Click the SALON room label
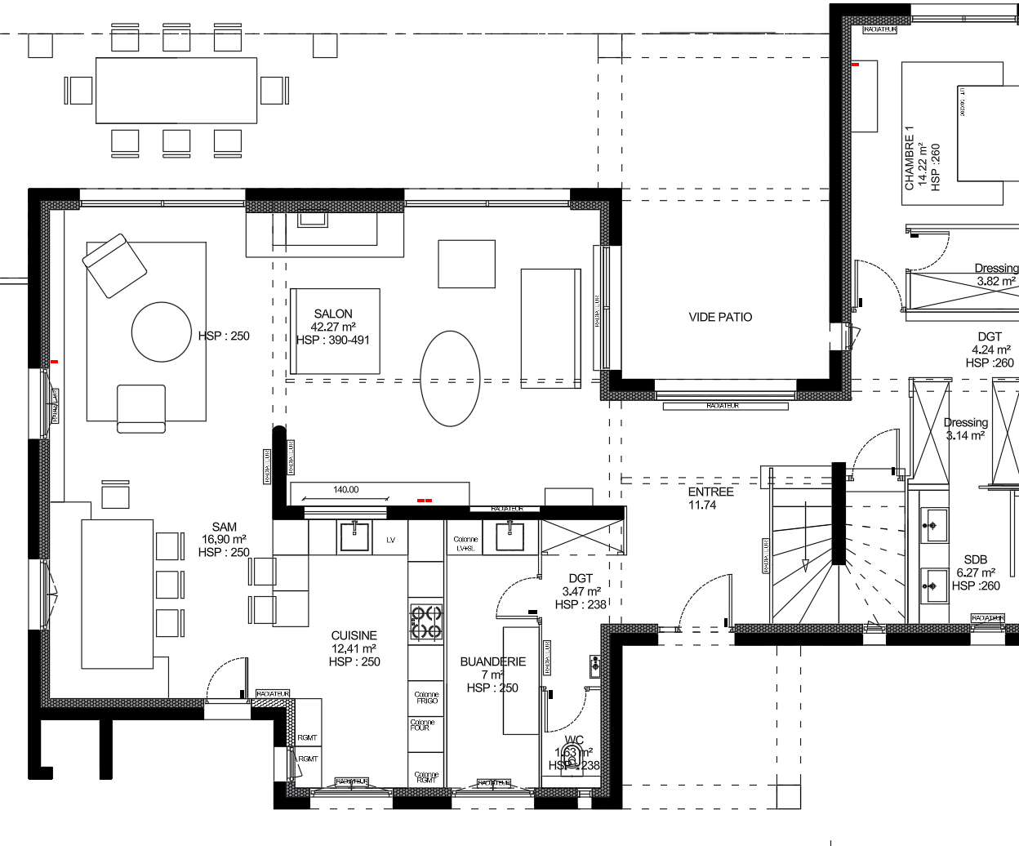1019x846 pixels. (x=333, y=314)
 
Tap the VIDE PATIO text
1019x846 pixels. (x=720, y=317)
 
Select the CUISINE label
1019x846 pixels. (x=354, y=635)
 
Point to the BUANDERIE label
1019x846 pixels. (x=493, y=661)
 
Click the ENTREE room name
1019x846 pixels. (x=710, y=492)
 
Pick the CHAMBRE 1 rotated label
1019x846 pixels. (x=910, y=158)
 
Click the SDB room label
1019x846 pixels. (x=976, y=559)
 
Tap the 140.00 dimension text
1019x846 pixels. (x=345, y=490)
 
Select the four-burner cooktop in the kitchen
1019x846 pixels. (x=425, y=621)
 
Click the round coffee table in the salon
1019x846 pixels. (x=162, y=332)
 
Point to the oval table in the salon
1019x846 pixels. (x=450, y=378)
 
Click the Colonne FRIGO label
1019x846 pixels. (x=426, y=697)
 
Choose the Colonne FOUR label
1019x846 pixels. (x=422, y=725)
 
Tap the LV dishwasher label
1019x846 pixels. (x=390, y=540)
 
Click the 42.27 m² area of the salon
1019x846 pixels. (x=333, y=327)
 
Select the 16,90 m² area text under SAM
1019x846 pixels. (x=224, y=539)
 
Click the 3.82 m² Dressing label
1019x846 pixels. (x=996, y=281)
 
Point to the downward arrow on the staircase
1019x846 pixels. (x=805, y=565)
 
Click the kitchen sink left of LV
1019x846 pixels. (x=354, y=537)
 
